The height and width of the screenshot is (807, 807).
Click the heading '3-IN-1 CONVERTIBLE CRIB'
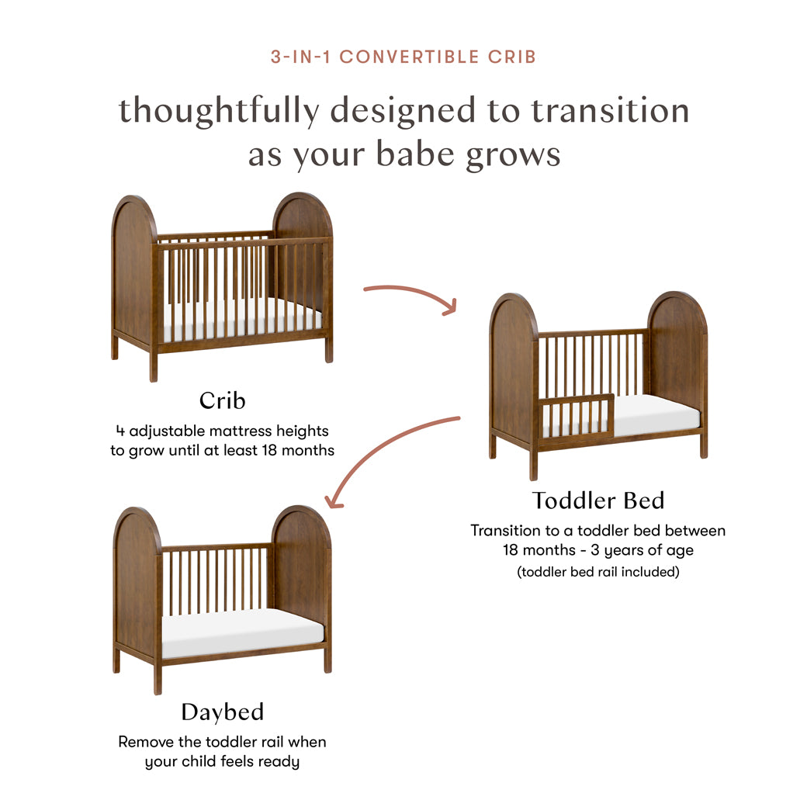point(403,57)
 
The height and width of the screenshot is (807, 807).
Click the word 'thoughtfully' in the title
point(218,110)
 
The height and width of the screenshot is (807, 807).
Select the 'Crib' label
point(222,400)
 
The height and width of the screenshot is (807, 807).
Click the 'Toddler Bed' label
point(597,500)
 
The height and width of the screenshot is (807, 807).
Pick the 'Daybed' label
point(222,712)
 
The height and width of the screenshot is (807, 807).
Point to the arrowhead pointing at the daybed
point(333,500)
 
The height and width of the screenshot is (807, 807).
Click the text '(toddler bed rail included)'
point(597,573)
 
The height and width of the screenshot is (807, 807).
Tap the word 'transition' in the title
point(610,110)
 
